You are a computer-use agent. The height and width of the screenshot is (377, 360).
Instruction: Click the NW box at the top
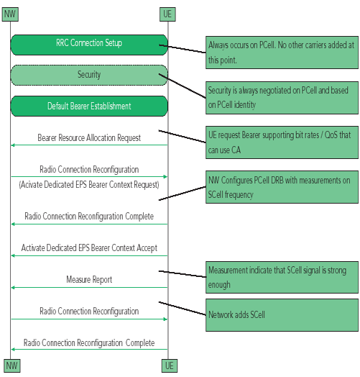tap(10, 14)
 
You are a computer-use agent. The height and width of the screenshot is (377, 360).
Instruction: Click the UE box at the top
tap(167, 14)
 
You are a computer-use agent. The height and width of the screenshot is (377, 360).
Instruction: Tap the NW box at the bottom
tap(12, 365)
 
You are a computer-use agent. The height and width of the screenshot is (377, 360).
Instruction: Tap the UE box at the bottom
tap(170, 365)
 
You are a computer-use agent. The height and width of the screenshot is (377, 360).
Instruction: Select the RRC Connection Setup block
tap(89, 45)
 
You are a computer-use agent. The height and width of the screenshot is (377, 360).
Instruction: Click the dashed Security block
tap(89, 75)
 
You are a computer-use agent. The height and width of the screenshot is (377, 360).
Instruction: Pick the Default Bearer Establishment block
tap(89, 106)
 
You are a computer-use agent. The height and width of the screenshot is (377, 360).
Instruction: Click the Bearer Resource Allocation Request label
tap(89, 137)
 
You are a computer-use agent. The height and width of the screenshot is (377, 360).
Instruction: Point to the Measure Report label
tap(89, 280)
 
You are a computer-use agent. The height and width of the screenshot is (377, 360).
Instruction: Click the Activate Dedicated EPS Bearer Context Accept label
tap(89, 248)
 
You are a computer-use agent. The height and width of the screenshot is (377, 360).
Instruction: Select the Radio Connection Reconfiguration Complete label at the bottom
tap(89, 343)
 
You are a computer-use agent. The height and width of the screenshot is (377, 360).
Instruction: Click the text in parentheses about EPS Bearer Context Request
tap(89, 185)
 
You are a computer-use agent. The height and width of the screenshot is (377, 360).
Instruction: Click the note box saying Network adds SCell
tap(282, 315)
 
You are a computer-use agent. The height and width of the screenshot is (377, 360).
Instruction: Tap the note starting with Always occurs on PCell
tap(282, 53)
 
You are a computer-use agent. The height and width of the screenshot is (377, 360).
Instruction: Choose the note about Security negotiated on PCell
tap(282, 98)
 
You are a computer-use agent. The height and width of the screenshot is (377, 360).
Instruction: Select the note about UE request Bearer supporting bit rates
tap(282, 142)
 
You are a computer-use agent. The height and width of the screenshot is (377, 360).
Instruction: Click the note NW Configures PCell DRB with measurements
tap(282, 187)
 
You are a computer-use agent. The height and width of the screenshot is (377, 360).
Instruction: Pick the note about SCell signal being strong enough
tap(282, 277)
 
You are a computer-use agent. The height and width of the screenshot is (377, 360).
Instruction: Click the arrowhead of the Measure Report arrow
tap(13, 287)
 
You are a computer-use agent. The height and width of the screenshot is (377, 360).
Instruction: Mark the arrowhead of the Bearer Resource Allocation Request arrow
tap(13, 145)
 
